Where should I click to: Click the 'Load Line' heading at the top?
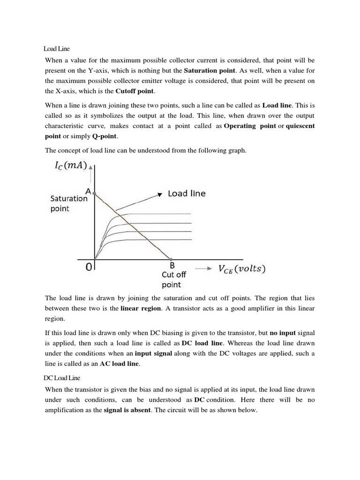pos(57,48)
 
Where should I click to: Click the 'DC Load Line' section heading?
pos(60,377)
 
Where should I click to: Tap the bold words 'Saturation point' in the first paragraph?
pos(210,71)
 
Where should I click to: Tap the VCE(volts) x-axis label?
pos(242,269)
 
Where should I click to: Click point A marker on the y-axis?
pos(94,193)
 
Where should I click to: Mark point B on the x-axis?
pos(171,259)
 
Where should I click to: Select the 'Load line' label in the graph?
pos(187,193)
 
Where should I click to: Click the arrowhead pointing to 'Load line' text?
pos(160,194)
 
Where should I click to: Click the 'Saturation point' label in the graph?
pos(69,203)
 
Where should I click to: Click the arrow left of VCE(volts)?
pos(202,269)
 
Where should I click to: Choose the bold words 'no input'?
pos(283,333)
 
